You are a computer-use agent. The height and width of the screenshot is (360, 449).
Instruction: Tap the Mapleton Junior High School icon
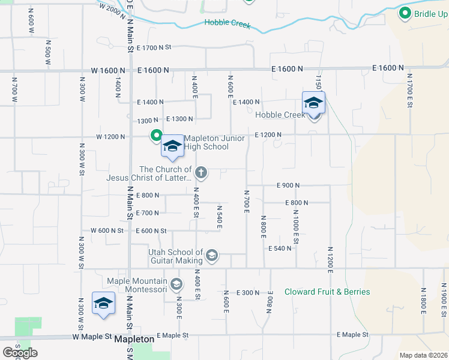click(x=172, y=146)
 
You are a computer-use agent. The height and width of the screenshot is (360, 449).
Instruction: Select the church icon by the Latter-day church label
click(x=201, y=173)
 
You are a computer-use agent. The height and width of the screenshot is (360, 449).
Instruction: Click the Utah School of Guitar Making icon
click(x=211, y=256)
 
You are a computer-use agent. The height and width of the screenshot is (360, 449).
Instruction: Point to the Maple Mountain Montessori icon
click(x=176, y=284)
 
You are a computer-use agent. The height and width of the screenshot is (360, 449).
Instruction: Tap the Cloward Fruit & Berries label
click(x=327, y=292)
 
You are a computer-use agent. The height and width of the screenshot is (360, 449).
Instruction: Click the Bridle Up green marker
click(x=405, y=13)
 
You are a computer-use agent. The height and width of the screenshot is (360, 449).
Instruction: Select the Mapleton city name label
click(x=134, y=339)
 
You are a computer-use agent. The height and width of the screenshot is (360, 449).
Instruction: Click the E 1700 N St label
click(x=154, y=47)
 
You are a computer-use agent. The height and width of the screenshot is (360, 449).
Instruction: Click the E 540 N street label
click(x=280, y=248)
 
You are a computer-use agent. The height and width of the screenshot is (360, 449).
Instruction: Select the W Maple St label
click(x=92, y=337)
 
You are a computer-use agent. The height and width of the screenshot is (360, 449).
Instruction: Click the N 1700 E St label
click(x=409, y=91)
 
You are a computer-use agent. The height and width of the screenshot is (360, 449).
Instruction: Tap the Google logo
click(x=20, y=352)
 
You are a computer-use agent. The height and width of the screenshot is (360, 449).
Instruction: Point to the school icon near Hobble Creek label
click(x=313, y=103)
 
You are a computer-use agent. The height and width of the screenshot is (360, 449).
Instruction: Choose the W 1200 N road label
click(x=110, y=137)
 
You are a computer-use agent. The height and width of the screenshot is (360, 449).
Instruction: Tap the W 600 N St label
click(x=107, y=230)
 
